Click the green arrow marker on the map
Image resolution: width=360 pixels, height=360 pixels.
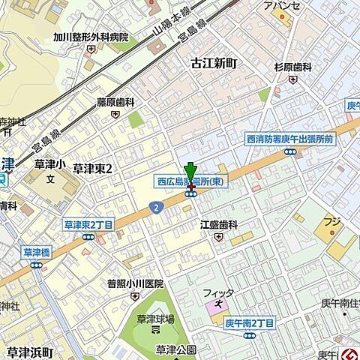[x=190, y=172]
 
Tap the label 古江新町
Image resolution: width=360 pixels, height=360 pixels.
[x=213, y=64]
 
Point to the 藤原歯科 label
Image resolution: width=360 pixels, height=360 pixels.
[x=115, y=102]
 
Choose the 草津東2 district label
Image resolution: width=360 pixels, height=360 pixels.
[x=92, y=169]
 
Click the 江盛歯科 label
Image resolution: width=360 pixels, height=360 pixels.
[x=218, y=224]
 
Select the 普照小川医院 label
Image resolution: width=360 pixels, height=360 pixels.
[x=135, y=283]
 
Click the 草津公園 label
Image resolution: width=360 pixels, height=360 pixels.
[x=176, y=349]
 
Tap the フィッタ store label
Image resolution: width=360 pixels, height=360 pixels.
[x=218, y=292]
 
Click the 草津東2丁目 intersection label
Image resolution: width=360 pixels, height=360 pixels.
[x=88, y=224]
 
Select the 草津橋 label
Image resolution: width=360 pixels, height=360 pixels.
[x=35, y=253]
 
